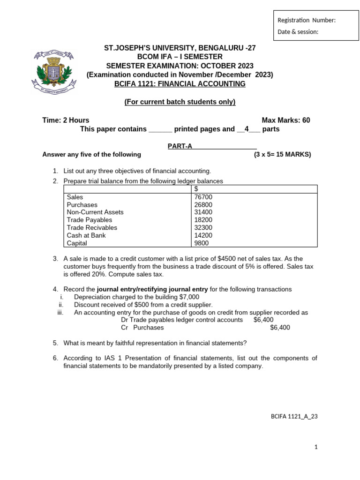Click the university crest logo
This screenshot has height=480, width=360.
click(x=52, y=71)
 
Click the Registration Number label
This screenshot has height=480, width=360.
click(x=307, y=20)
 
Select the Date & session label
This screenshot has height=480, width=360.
click(x=298, y=32)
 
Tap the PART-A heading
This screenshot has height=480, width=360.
click(x=180, y=146)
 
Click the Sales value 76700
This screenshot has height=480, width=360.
click(x=203, y=197)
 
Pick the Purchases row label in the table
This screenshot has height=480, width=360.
click(x=82, y=205)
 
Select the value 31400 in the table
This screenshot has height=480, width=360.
click(x=203, y=212)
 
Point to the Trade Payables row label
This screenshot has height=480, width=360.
click(x=90, y=220)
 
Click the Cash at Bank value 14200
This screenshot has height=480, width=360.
click(x=203, y=235)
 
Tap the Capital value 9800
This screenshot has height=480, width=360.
click(x=202, y=243)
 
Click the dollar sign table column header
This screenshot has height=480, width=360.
click(x=196, y=189)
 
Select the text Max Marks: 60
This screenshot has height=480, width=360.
click(x=285, y=120)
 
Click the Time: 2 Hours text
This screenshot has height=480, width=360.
click(x=66, y=120)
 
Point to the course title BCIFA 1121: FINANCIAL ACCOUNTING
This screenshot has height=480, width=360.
click(x=180, y=84)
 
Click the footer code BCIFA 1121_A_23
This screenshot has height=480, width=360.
click(x=294, y=416)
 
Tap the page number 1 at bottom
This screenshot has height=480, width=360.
click(x=316, y=447)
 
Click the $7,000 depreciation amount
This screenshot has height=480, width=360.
click(x=188, y=297)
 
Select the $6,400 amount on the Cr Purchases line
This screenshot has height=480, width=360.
click(x=280, y=328)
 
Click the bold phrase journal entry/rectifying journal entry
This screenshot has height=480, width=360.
click(x=155, y=289)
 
